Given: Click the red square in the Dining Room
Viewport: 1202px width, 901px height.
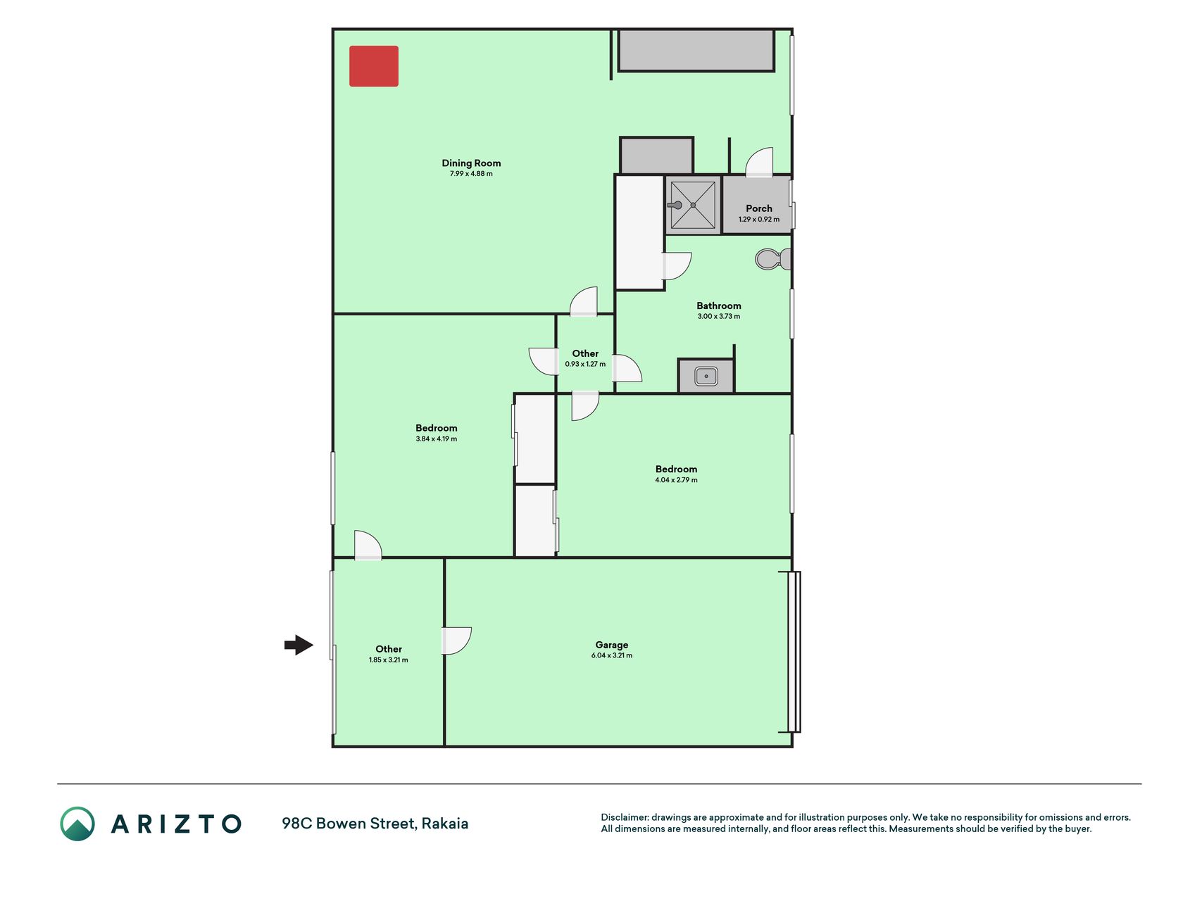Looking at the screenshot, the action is tap(374, 66).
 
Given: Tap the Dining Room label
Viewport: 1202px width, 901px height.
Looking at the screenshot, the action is tap(471, 163).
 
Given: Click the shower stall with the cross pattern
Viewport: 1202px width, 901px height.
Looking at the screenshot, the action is tap(693, 205).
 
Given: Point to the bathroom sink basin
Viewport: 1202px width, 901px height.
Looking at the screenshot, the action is tap(706, 376).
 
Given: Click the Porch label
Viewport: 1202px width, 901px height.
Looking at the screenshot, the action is tap(759, 208).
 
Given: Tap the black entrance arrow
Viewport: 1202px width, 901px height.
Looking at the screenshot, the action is tap(299, 644).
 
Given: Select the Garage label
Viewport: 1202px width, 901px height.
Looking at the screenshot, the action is tap(612, 645).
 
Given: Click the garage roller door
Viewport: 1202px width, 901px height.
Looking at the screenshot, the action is tap(794, 652).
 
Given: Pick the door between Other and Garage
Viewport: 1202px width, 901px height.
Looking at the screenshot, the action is tap(456, 641).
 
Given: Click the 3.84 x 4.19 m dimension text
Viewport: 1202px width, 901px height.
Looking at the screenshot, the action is tap(437, 439).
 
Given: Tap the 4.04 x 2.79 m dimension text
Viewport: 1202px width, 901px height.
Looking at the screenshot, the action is tap(676, 480).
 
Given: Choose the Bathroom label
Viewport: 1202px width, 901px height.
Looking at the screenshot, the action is tap(719, 305).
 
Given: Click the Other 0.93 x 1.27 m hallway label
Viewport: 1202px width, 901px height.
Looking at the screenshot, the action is tap(585, 358).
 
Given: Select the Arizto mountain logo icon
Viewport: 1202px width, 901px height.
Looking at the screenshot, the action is tap(77, 824).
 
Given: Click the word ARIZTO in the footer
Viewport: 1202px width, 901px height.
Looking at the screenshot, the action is tap(176, 824).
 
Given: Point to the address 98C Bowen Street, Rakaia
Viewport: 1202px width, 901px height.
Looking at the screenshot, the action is tap(375, 824).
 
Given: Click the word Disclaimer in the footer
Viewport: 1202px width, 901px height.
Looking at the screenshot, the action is tap(624, 817).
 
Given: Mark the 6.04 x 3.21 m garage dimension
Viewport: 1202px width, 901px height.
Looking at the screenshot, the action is tap(612, 655).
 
